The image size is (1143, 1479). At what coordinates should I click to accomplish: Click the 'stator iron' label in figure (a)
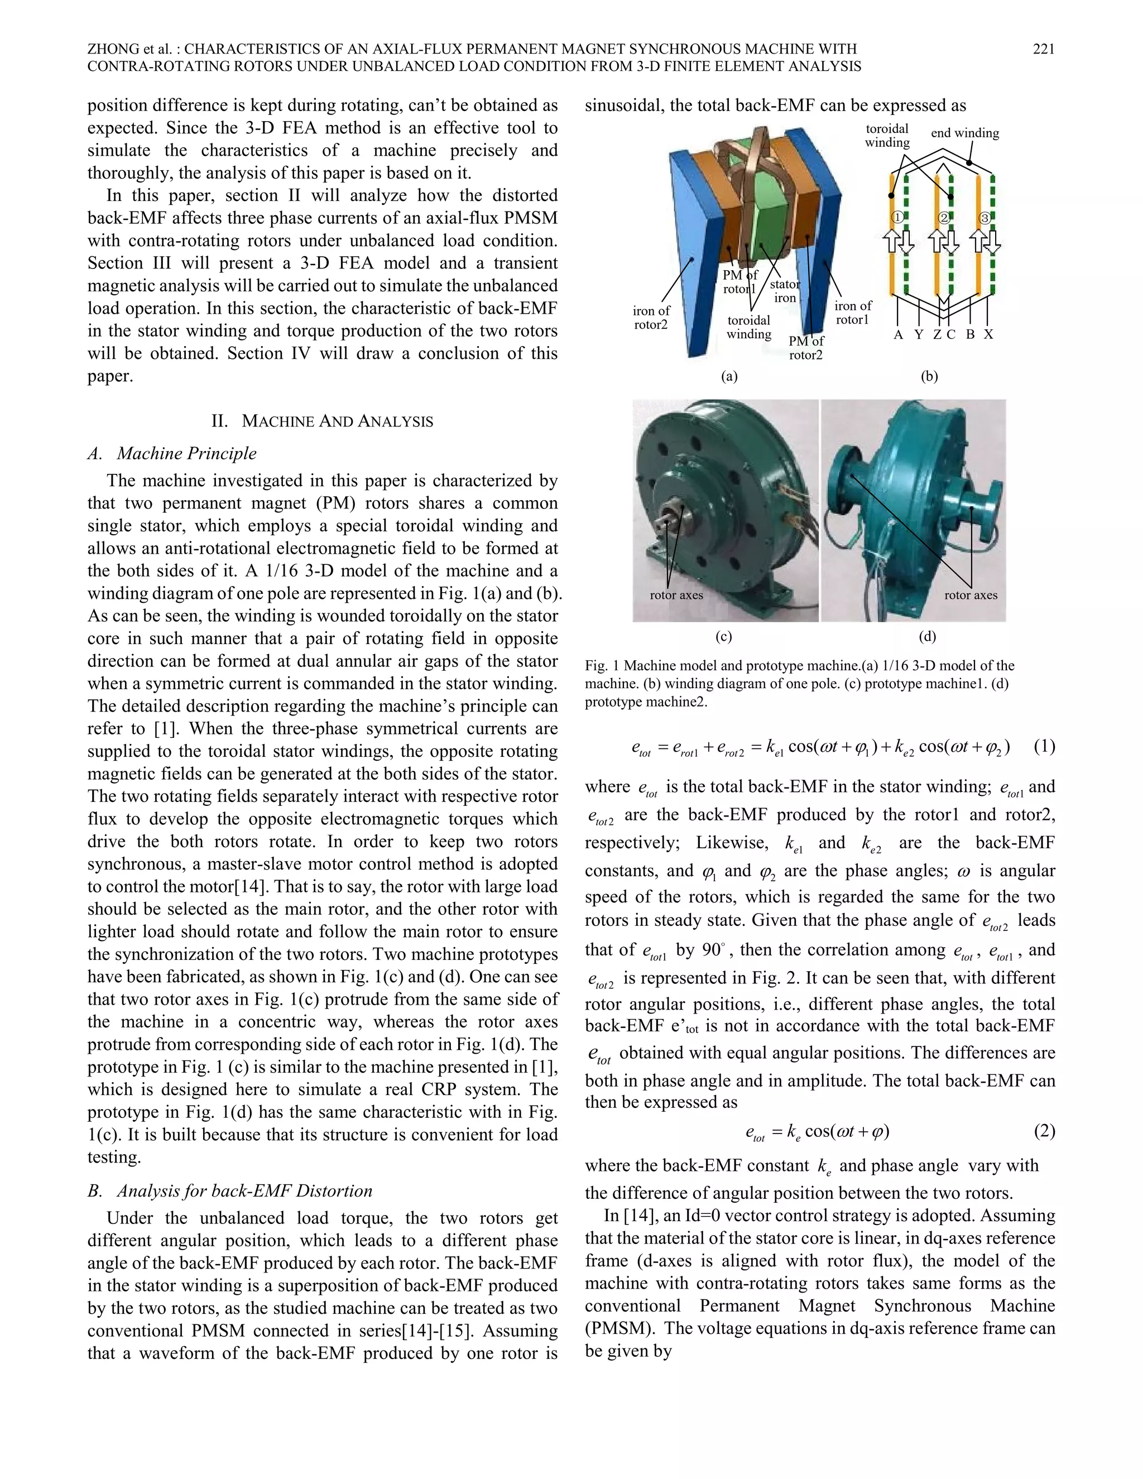click(x=785, y=291)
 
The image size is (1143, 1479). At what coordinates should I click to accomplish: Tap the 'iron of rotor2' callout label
click(x=651, y=318)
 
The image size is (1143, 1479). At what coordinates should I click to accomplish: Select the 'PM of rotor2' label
click(x=806, y=348)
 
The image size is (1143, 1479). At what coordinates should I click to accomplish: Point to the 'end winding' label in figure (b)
click(x=964, y=133)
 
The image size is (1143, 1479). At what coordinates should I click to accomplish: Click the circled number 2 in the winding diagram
click(x=944, y=218)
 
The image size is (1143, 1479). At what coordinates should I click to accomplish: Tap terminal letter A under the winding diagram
click(x=898, y=334)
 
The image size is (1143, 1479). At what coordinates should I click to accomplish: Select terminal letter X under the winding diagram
click(x=988, y=334)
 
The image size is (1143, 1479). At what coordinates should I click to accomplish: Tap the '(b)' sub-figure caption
click(x=929, y=377)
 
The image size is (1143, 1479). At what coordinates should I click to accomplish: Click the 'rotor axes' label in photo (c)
click(x=676, y=596)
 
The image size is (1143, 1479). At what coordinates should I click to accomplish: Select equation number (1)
click(x=1044, y=746)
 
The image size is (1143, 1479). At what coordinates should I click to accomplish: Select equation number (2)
click(x=1044, y=1130)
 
